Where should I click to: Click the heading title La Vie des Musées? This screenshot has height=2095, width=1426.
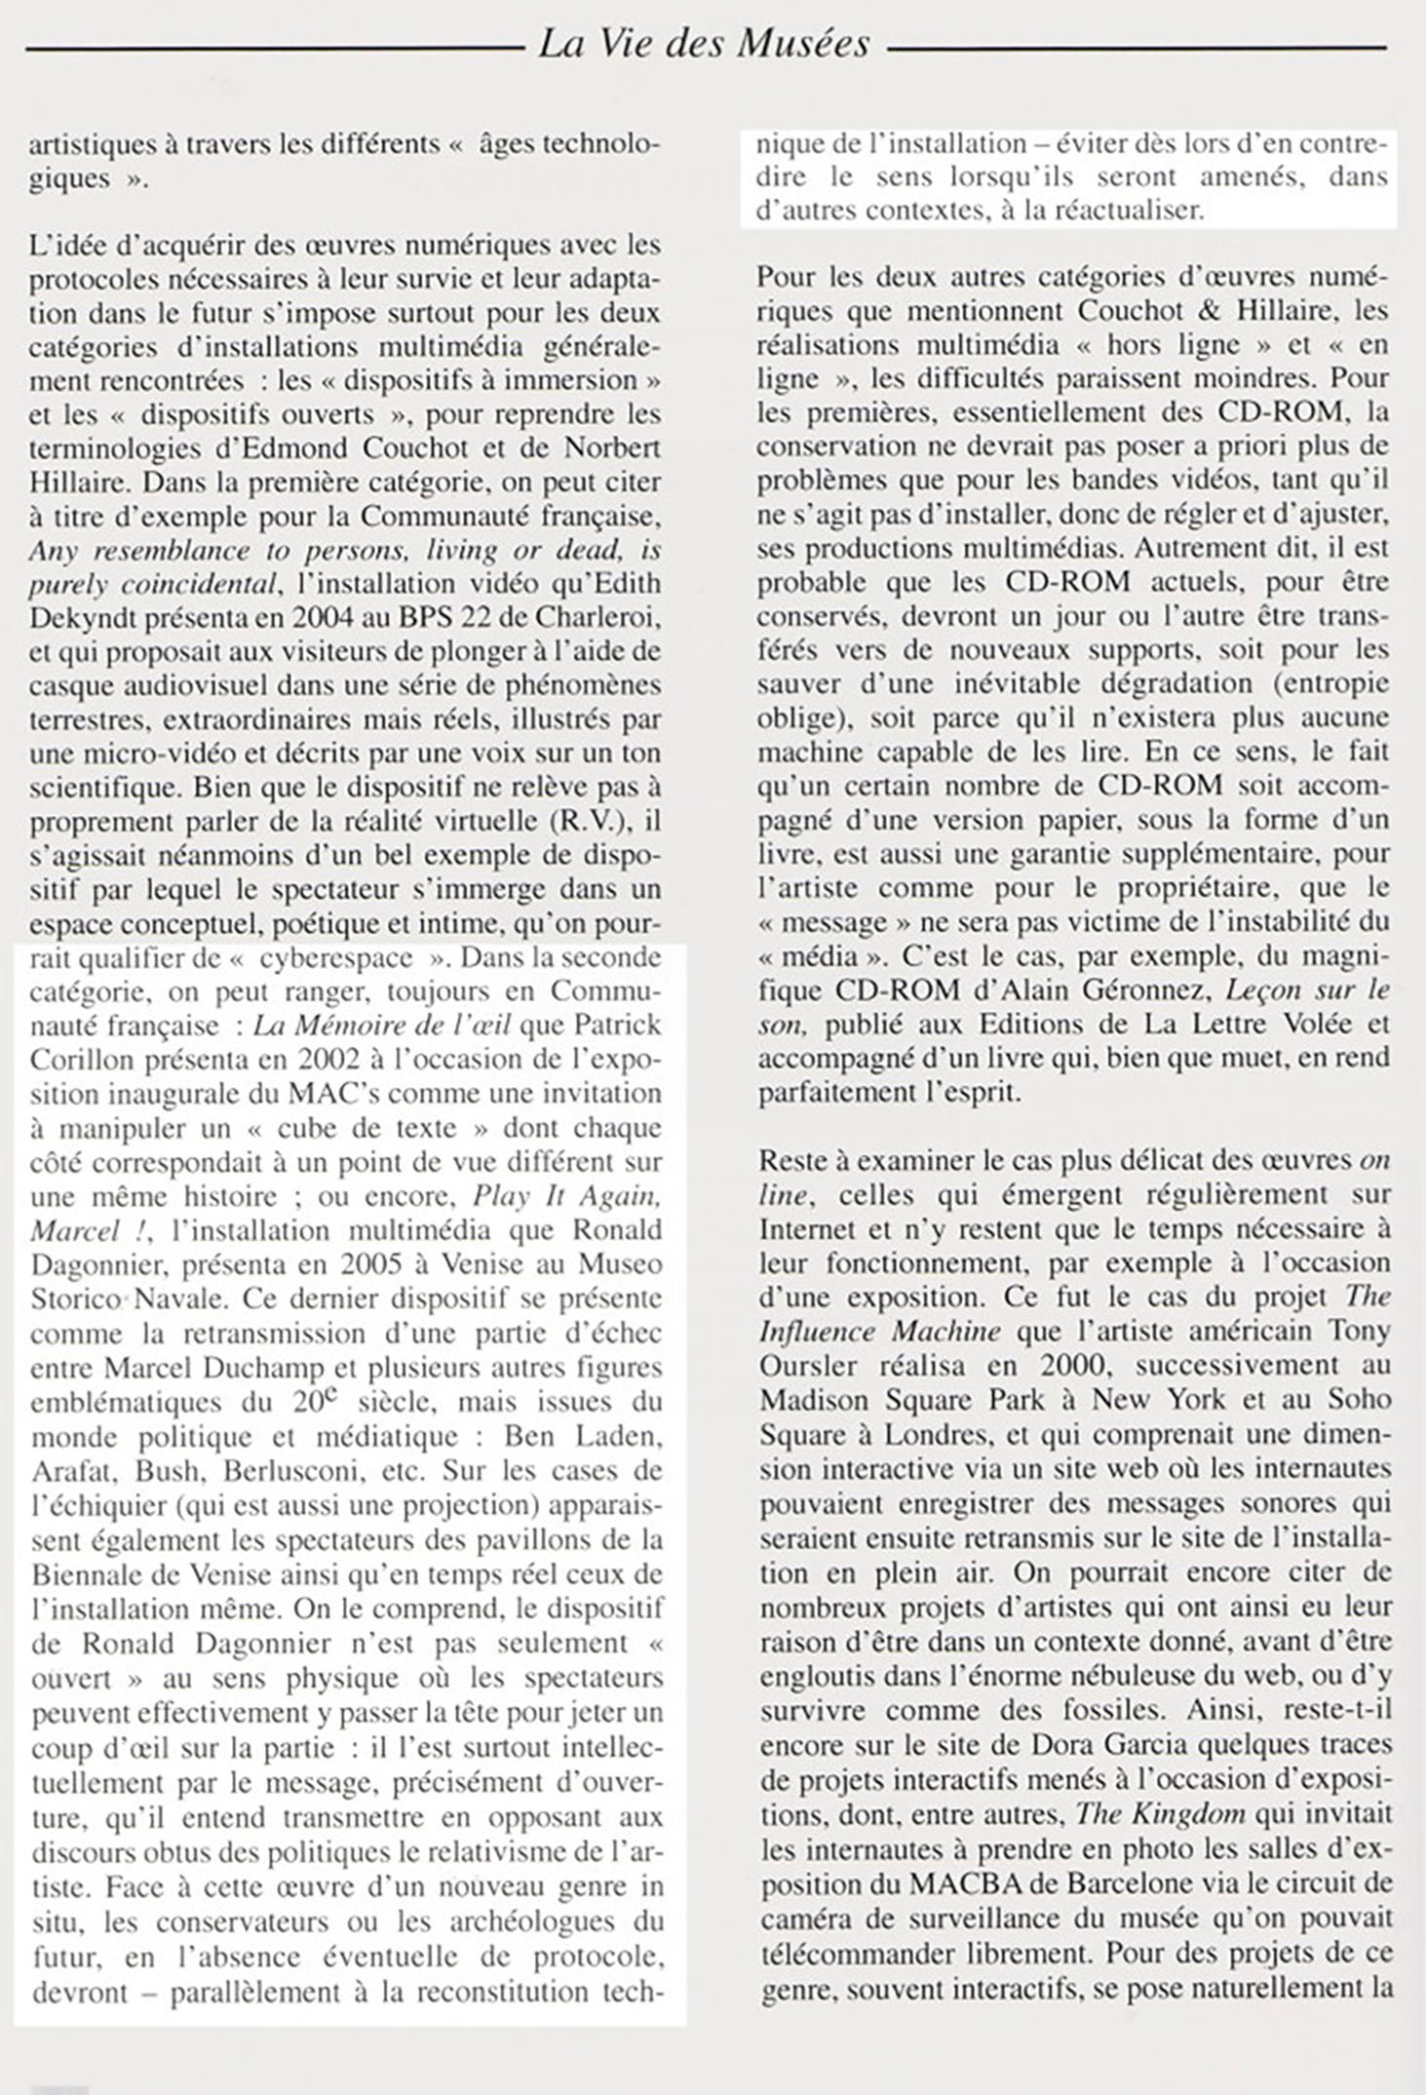[704, 44]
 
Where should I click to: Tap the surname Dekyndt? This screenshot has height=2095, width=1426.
[79, 618]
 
